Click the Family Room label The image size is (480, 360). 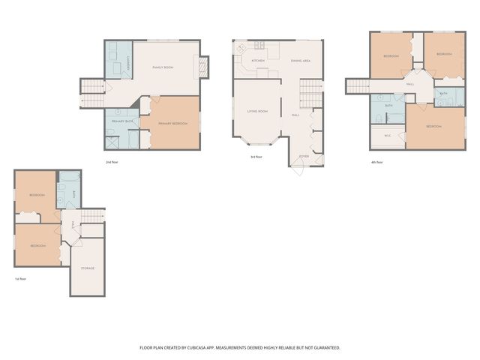[163, 67]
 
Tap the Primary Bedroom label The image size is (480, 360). [173, 124]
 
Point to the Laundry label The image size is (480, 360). [130, 66]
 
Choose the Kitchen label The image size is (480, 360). [258, 60]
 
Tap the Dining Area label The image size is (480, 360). [301, 60]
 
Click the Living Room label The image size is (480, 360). [258, 111]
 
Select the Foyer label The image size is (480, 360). [304, 156]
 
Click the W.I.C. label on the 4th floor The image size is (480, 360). [388, 136]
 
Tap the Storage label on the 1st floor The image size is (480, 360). [88, 268]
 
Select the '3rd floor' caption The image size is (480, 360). [256, 157]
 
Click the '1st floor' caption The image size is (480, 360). [20, 278]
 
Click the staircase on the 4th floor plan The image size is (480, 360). [358, 86]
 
